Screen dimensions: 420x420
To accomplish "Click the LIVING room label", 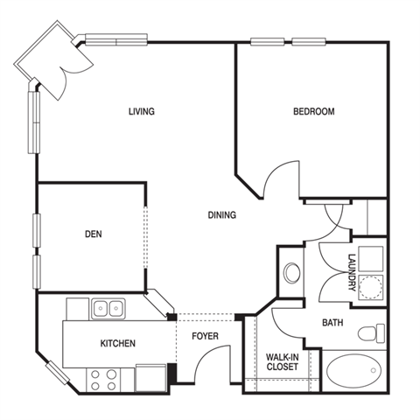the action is coord(142,111).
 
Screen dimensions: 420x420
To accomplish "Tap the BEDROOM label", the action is coord(314,111).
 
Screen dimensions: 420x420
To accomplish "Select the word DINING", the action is coord(222,215).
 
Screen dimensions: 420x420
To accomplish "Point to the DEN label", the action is coord(94,234).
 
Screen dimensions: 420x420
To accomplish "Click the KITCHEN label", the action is coord(118,343).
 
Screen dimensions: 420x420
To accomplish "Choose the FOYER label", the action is coord(205,336).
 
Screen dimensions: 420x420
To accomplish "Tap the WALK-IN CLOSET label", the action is coord(283,361).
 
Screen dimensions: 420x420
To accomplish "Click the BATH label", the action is coord(332,323).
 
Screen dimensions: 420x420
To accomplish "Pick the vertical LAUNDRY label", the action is coord(353,273).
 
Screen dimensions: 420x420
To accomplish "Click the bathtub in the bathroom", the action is coord(353,371).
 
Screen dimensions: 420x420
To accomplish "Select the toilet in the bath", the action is coord(371,333).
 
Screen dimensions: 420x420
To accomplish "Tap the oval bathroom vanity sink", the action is coord(292,272).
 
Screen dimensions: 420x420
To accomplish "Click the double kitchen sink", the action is coord(108,309).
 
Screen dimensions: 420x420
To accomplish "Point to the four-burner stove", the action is coord(103,380).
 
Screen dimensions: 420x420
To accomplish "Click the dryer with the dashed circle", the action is coord(370,287).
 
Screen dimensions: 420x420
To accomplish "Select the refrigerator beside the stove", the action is coord(150,378).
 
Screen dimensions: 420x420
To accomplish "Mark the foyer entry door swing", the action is coord(213,364).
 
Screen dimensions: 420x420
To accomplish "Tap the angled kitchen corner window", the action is coord(58,373).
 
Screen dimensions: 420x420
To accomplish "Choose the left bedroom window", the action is coord(268,42).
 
